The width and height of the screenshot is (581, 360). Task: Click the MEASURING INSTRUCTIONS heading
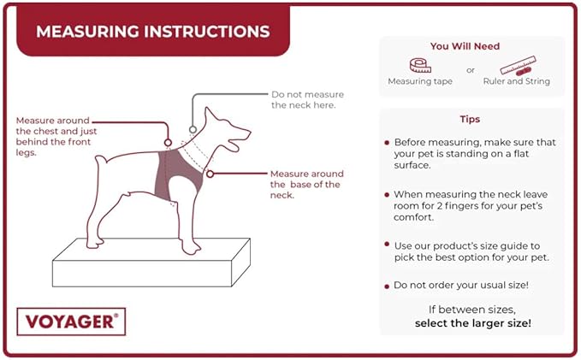pos(153,32)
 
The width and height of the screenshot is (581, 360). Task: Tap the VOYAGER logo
pos(70,322)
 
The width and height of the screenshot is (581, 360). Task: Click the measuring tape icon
pos(420,66)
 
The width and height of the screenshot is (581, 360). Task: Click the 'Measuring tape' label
pos(420,82)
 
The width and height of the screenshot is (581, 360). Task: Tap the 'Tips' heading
pos(470,119)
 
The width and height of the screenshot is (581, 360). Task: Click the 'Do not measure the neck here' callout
pos(303,99)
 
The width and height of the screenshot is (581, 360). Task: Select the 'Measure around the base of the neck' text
pos(305,184)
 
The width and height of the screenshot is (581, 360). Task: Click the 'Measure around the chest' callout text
pos(57,131)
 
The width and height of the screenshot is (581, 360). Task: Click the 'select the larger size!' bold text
pos(472,323)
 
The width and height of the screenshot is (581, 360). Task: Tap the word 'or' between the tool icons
pos(470,70)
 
